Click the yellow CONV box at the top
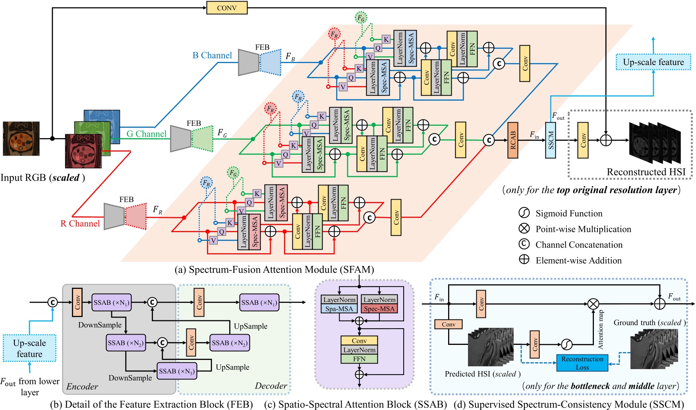click(227, 8)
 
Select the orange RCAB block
click(512, 140)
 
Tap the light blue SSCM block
click(550, 140)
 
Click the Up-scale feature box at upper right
click(653, 62)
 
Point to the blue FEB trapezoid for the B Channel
click(270, 62)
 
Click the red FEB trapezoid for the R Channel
click(135, 216)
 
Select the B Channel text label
click(212, 56)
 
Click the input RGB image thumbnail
click(21, 139)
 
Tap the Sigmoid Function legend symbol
click(524, 213)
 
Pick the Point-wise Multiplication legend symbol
click(524, 229)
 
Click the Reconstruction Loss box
click(582, 363)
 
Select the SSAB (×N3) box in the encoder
click(176, 371)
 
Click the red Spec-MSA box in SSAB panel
click(379, 309)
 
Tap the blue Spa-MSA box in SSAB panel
click(339, 309)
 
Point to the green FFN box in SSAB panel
click(359, 359)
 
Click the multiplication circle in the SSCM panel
click(593, 304)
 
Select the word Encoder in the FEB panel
click(82, 386)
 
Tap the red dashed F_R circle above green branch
click(270, 108)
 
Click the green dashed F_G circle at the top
click(360, 17)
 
